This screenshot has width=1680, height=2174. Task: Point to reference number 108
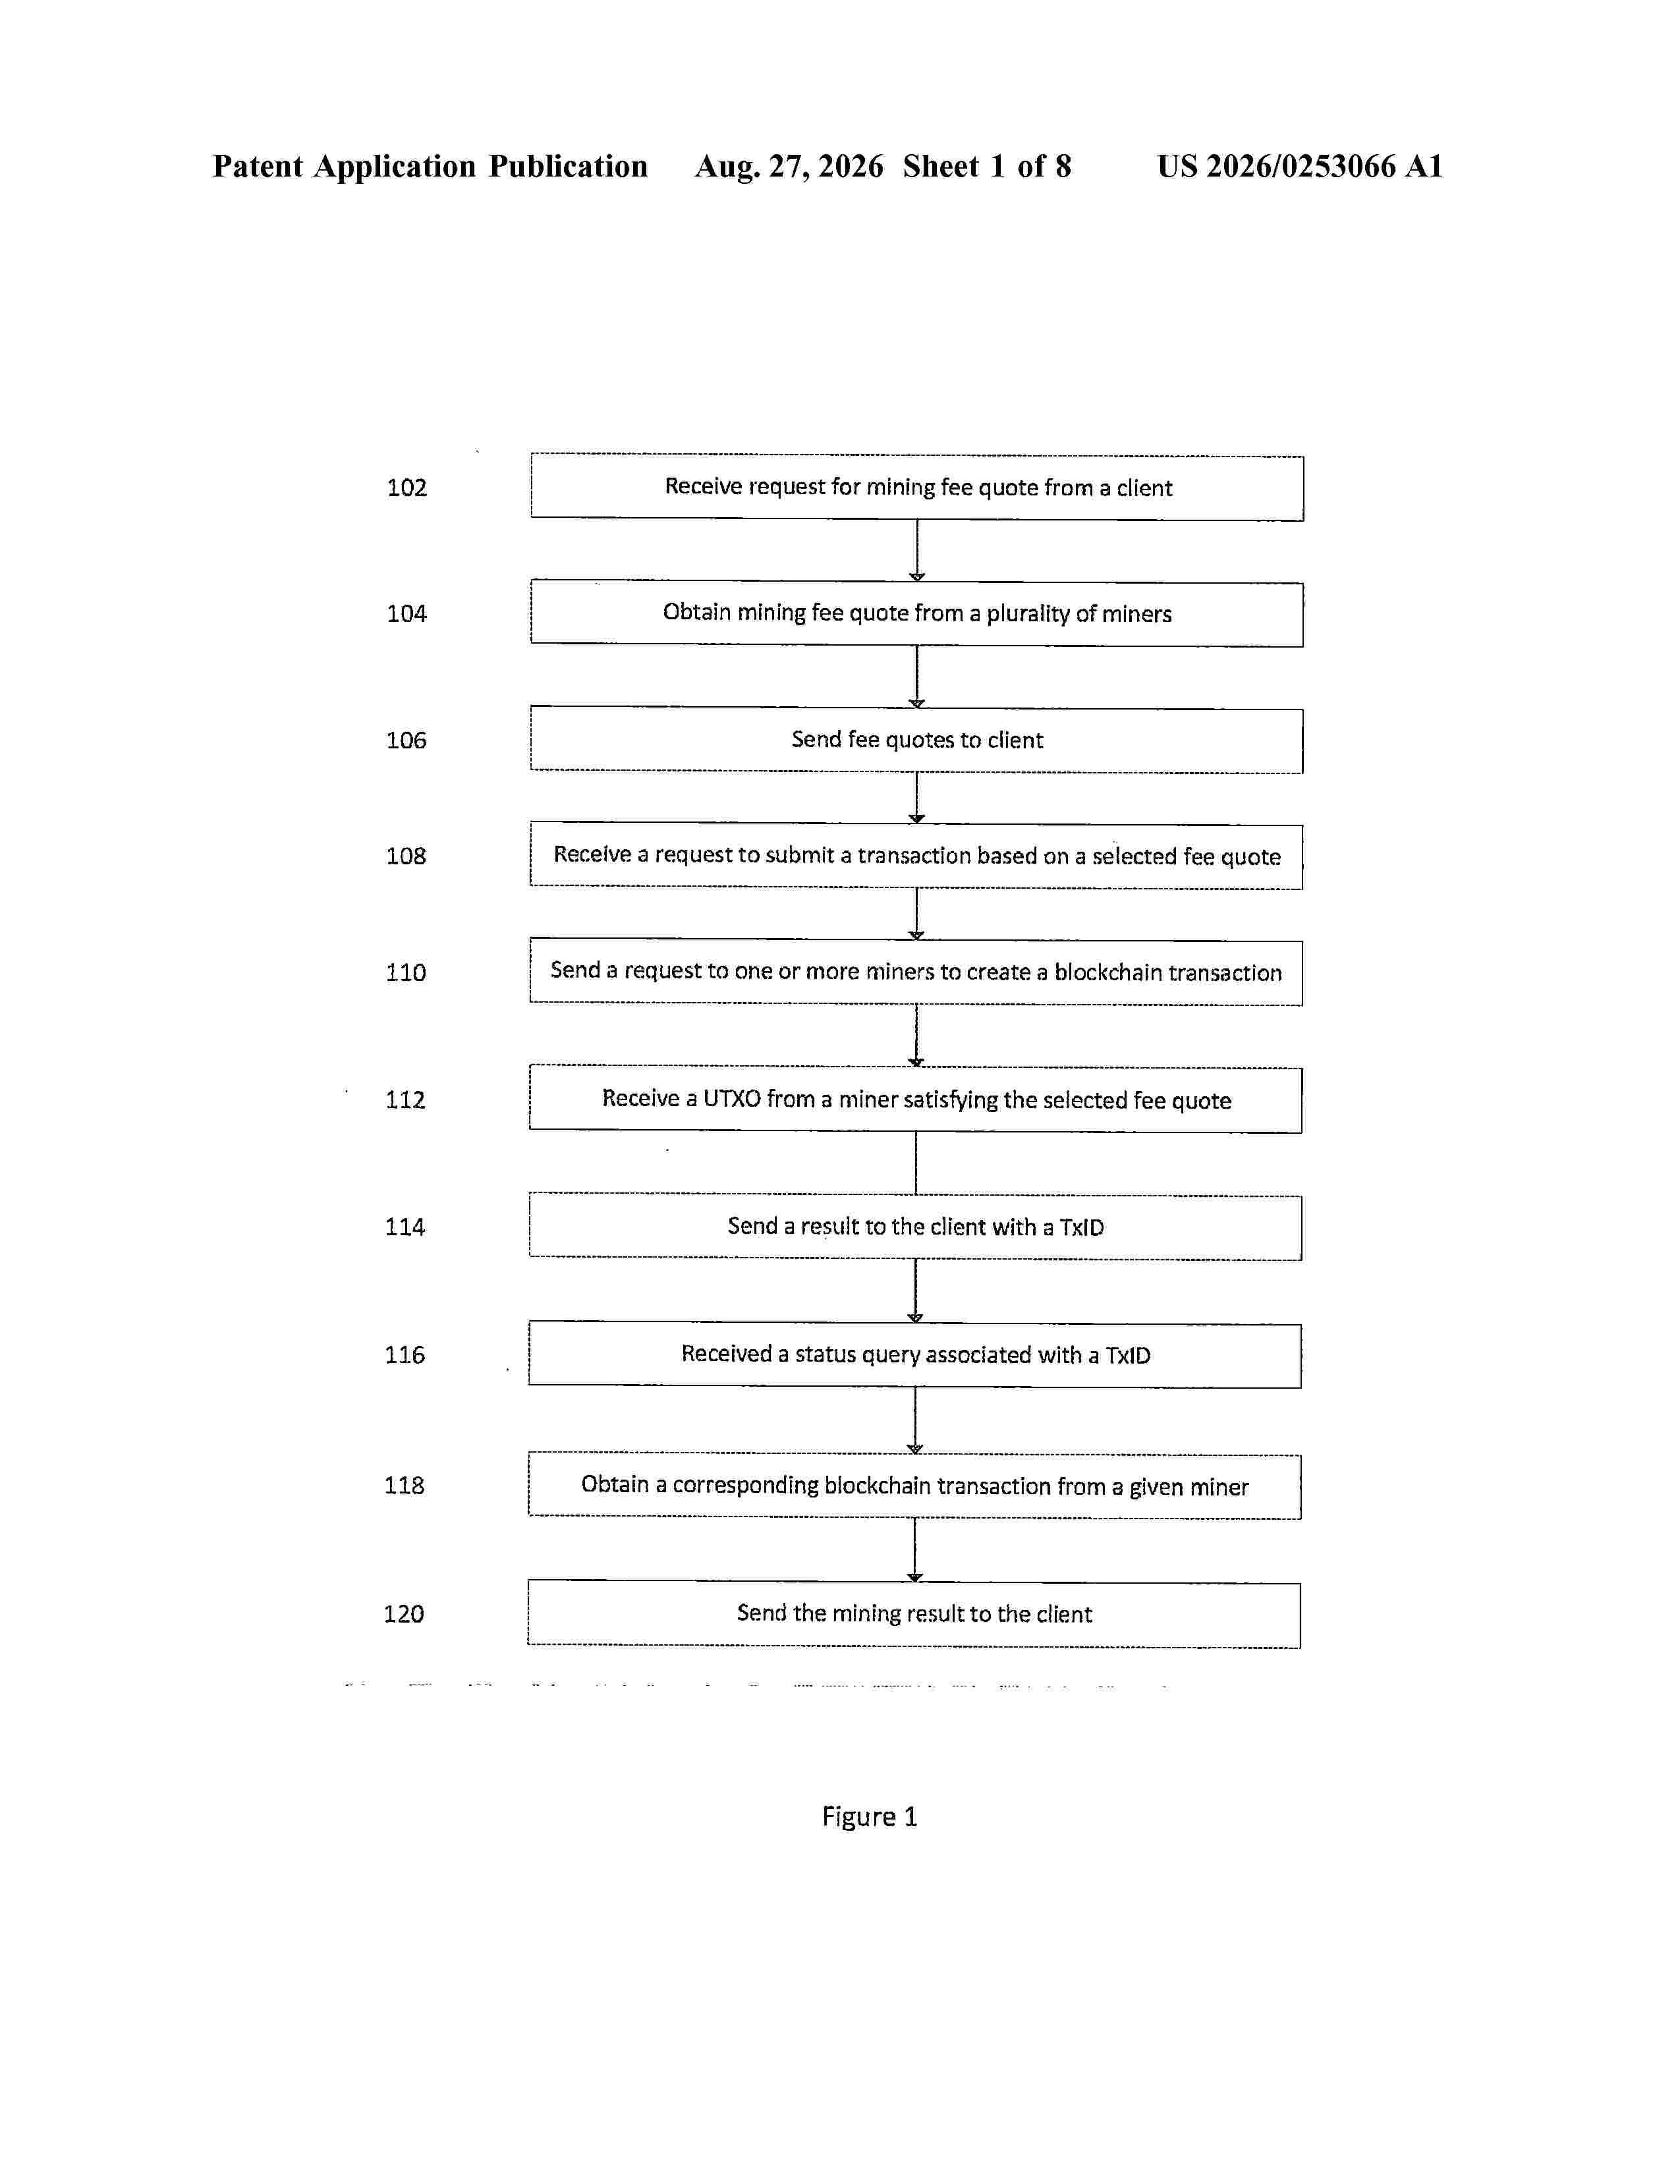(406, 856)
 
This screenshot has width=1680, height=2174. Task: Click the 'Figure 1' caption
(869, 1817)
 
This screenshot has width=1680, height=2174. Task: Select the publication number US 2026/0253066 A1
(1300, 166)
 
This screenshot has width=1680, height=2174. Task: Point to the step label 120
(404, 1613)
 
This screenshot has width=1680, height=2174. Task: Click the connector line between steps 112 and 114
(916, 1163)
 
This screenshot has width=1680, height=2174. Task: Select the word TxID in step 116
(1128, 1354)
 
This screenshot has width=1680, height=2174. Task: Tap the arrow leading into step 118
(914, 1420)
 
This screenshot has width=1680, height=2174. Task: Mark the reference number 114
(405, 1227)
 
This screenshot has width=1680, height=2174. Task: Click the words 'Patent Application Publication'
(430, 166)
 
